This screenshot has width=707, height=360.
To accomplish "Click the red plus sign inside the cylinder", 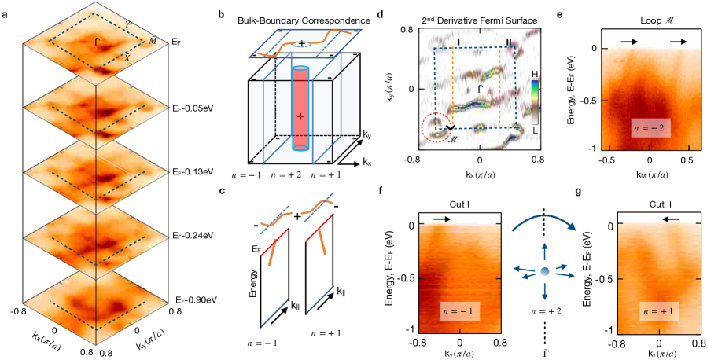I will click(300, 115).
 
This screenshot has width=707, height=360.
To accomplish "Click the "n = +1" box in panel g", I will click(660, 312).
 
